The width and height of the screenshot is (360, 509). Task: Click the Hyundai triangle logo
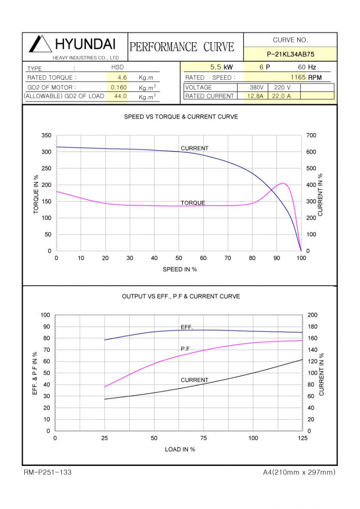click(x=40, y=44)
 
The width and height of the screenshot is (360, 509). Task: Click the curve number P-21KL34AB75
click(x=290, y=54)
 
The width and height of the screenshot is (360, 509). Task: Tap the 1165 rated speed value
click(x=298, y=77)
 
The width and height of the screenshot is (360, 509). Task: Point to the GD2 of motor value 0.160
click(x=119, y=87)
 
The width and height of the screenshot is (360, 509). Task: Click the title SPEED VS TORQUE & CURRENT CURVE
click(x=180, y=117)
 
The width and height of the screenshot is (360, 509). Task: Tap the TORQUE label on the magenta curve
click(x=193, y=203)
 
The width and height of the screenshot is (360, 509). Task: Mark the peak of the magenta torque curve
click(x=283, y=183)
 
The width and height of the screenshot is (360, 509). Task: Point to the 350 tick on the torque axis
click(x=46, y=136)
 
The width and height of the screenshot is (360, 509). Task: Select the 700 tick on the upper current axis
click(x=311, y=136)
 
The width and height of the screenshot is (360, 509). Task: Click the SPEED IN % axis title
click(x=180, y=269)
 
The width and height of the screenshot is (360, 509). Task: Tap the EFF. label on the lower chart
click(x=187, y=327)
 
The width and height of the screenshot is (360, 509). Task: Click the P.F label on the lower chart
click(x=185, y=349)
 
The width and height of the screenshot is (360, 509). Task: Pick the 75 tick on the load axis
click(x=203, y=438)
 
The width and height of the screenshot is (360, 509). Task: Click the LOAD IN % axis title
click(x=180, y=449)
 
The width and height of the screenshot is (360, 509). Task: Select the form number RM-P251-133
click(x=48, y=472)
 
